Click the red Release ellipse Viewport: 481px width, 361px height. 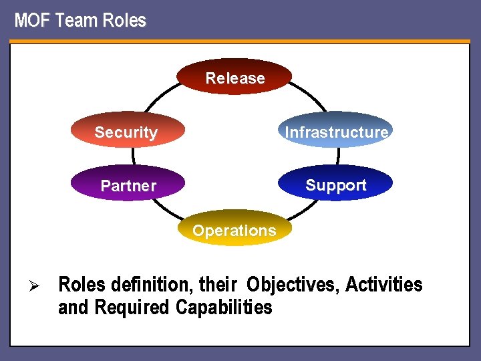235,78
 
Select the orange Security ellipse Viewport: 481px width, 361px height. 126,132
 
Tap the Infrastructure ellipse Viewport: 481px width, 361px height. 336,132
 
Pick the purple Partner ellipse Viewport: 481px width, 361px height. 128,185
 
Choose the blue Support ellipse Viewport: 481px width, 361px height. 336,185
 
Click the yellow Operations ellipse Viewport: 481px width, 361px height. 234,230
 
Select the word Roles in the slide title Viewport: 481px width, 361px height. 124,21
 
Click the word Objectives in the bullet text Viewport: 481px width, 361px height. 293,285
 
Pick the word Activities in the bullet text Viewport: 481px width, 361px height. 384,285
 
